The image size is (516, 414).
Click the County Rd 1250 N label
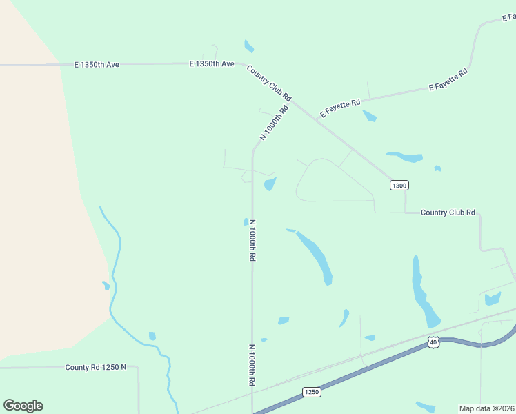pos(96,367)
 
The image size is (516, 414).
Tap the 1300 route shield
pos(399,185)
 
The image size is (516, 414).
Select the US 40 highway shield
pos(433,342)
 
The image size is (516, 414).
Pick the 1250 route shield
pos(311,392)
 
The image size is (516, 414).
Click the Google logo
pos(23,406)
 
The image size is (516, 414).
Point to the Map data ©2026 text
pos(486,408)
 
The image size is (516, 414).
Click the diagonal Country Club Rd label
pos(269,83)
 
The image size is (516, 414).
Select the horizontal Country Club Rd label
pos(448,213)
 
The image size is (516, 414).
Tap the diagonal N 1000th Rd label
pos(274,124)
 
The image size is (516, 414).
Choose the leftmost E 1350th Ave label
pos(97,64)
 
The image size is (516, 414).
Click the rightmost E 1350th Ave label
pos(212,63)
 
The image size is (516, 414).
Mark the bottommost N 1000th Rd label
pos(252,364)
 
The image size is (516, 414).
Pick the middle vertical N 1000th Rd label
pos(252,239)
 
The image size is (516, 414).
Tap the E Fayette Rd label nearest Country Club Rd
pos(340,108)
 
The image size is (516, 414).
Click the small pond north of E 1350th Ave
pos(248,46)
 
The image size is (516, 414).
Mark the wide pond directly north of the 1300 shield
pos(406,157)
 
